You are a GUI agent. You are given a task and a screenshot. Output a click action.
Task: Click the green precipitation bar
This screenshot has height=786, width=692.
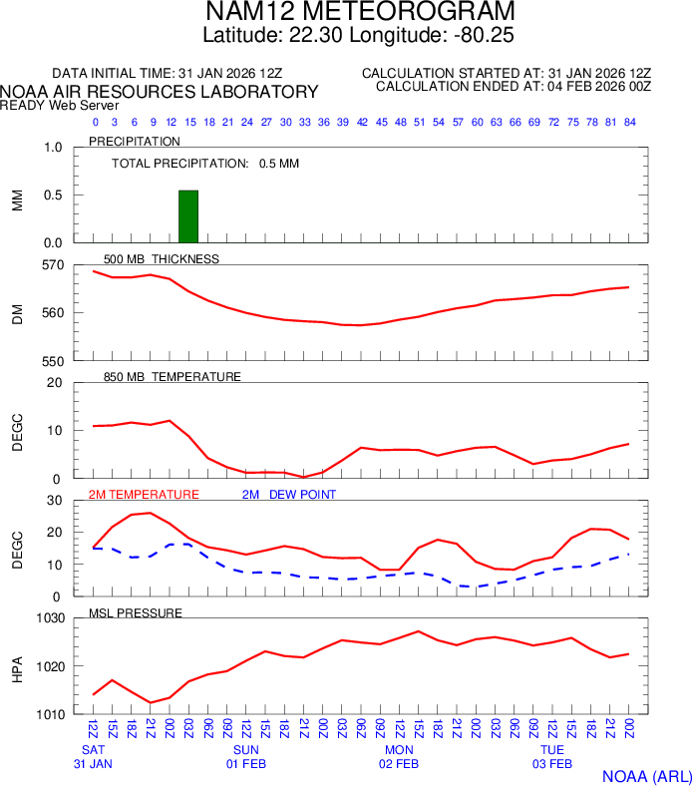click(188, 215)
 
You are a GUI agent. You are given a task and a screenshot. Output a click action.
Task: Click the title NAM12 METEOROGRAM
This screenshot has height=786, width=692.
click(361, 12)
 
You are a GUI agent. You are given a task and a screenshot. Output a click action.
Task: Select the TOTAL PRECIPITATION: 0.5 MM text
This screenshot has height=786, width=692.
click(205, 163)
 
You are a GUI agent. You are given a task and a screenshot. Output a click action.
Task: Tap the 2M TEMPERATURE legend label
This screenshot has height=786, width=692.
click(144, 494)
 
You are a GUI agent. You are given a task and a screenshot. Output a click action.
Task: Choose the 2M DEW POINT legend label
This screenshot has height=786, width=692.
click(289, 494)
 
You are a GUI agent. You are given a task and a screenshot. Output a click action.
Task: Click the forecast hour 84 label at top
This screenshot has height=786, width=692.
click(629, 122)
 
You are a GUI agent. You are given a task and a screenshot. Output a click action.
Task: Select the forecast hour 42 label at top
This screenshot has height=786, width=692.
click(362, 122)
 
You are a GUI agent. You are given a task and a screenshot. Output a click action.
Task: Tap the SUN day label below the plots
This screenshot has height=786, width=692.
click(246, 749)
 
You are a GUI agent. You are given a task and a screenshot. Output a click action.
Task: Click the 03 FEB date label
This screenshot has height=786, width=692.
click(552, 764)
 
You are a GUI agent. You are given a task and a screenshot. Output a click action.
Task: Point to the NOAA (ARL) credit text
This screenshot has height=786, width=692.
click(646, 775)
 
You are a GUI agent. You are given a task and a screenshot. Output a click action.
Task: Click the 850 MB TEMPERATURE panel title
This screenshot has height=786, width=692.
click(173, 376)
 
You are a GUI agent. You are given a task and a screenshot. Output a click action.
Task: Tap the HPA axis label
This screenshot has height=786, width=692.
click(17, 666)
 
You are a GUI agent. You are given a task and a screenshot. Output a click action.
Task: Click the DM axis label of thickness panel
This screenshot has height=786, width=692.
click(17, 313)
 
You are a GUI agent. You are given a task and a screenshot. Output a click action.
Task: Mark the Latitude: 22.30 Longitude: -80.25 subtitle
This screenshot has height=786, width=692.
click(361, 35)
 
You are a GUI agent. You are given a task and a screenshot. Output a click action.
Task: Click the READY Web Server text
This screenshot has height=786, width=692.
click(60, 105)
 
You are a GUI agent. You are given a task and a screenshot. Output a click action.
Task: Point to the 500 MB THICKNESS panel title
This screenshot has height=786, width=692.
click(162, 258)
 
